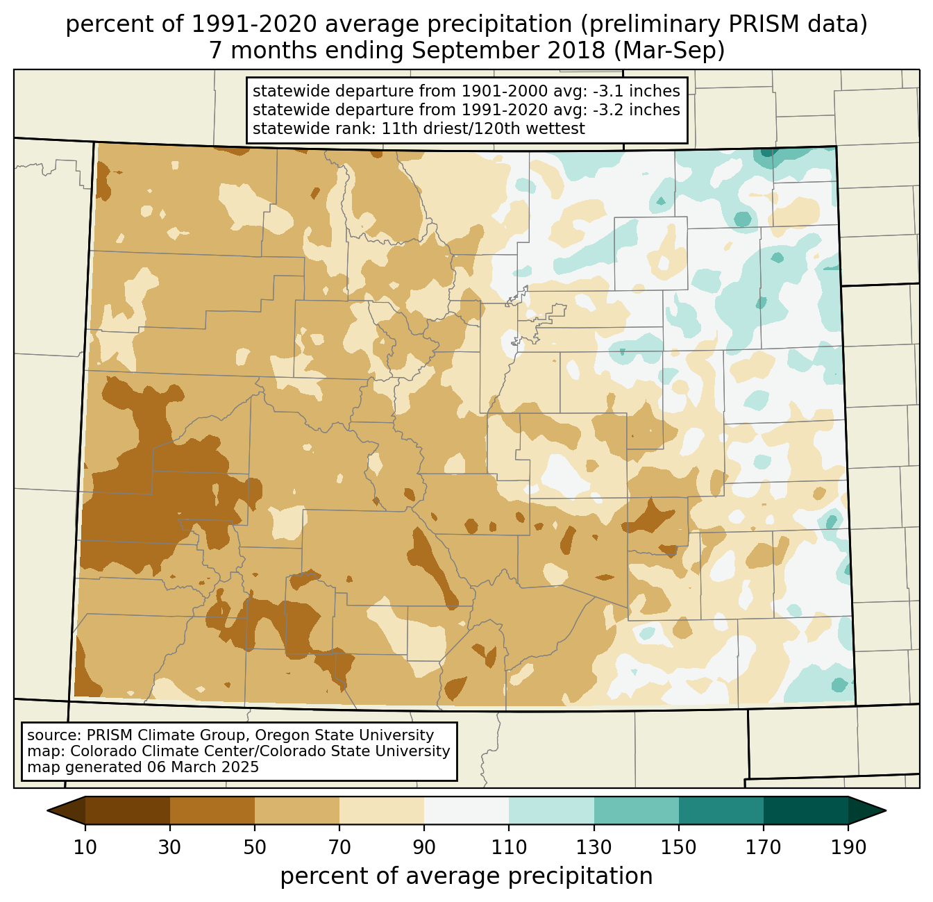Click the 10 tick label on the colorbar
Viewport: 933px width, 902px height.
click(x=85, y=847)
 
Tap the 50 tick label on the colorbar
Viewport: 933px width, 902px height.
click(x=255, y=847)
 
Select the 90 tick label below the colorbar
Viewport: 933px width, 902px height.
click(x=424, y=847)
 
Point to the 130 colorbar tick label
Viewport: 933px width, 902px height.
click(x=594, y=847)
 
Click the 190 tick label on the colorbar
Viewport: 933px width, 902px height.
click(x=848, y=847)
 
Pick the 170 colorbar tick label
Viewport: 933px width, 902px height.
click(x=764, y=847)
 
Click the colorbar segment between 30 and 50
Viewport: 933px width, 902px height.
click(x=212, y=810)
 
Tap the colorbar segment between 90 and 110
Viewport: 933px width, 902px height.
click(x=466, y=810)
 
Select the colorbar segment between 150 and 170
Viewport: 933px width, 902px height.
click(x=721, y=810)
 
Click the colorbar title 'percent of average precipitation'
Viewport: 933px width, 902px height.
click(x=466, y=876)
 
